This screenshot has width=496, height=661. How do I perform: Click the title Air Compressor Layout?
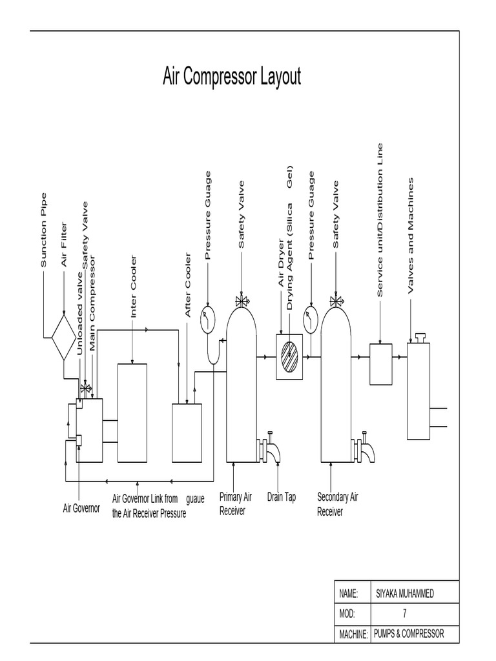click(x=232, y=77)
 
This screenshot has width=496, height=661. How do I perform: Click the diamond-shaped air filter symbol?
click(x=63, y=337)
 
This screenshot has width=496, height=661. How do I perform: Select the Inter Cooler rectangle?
click(x=132, y=413)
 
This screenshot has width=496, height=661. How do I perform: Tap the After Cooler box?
click(x=187, y=432)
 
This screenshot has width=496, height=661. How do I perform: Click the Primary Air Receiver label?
click(x=235, y=503)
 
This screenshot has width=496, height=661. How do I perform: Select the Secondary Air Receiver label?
click(x=337, y=503)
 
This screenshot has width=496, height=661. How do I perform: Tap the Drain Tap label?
click(x=281, y=497)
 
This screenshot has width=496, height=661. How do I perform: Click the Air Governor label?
click(x=81, y=509)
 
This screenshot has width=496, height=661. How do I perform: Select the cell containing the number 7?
click(x=405, y=614)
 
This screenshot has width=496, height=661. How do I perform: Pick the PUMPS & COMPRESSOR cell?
click(x=409, y=634)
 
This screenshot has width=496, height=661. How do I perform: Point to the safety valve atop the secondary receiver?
click(x=336, y=300)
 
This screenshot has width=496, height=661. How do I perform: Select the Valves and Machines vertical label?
click(x=410, y=236)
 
